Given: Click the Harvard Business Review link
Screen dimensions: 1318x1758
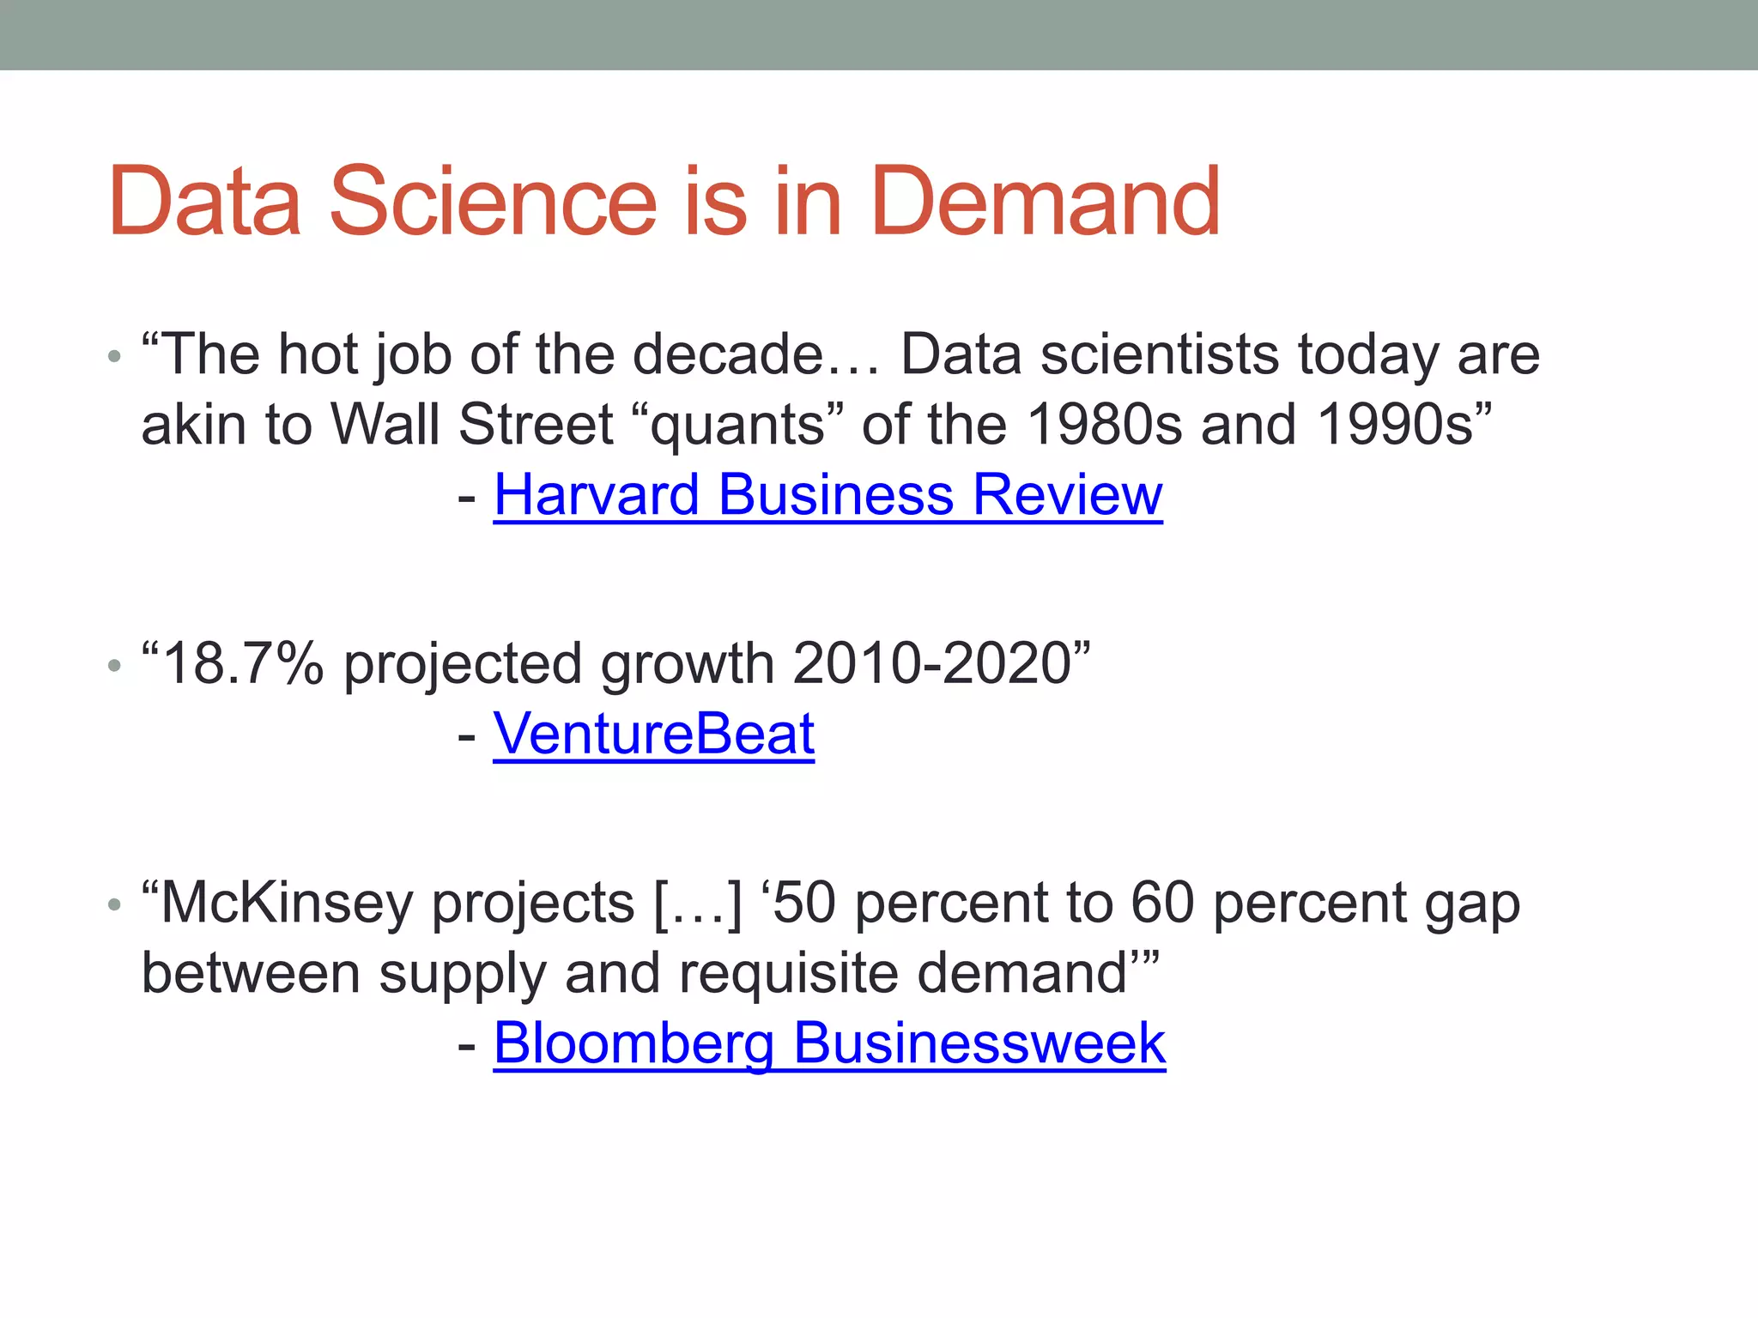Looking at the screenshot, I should point(827,495).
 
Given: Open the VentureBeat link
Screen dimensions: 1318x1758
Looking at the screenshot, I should point(653,735).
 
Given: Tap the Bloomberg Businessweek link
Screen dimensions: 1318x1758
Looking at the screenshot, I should point(829,1043).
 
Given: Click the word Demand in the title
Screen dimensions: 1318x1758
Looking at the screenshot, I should point(1045,202).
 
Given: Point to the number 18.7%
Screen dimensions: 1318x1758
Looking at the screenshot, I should point(243,664).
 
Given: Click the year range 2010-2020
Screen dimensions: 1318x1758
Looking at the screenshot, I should point(932,664).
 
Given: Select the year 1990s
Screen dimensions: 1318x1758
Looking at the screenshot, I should point(1394,425).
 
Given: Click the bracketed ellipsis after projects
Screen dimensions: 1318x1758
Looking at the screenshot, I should point(698,904).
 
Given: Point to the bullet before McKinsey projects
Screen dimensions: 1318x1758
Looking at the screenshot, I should point(115,904).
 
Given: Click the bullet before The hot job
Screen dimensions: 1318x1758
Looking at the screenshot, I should point(115,356).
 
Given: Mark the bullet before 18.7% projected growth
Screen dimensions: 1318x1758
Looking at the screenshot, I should point(115,665).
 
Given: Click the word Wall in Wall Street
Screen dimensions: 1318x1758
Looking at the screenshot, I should point(385,425).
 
